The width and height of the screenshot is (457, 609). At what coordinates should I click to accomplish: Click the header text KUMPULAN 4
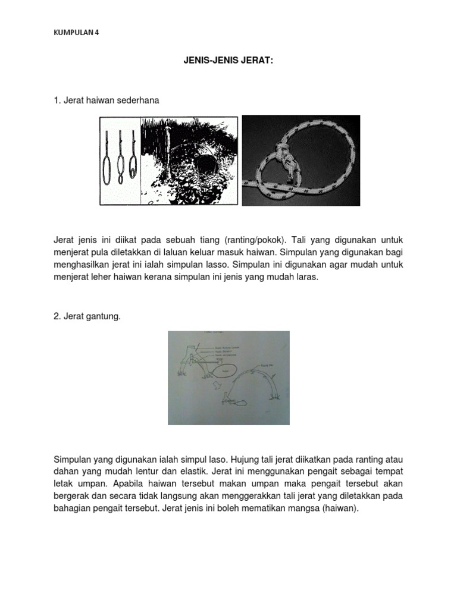[x=76, y=33]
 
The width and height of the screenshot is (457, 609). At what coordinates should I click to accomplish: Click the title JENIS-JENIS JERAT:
[x=228, y=61]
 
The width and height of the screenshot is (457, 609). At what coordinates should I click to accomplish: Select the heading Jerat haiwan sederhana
[x=107, y=101]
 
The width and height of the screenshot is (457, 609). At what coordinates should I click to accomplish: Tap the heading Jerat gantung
[x=87, y=317]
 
